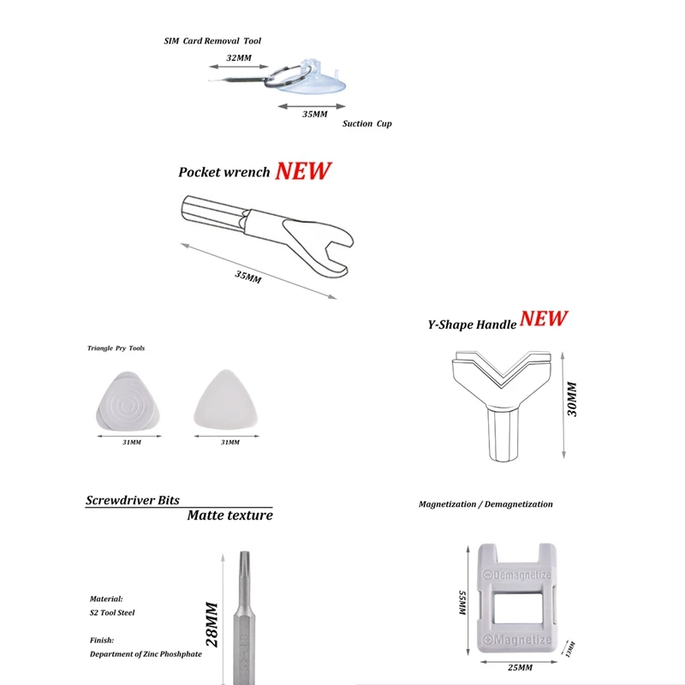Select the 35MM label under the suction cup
click(x=315, y=114)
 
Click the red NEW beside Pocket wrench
click(x=302, y=170)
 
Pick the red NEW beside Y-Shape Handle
click(x=544, y=319)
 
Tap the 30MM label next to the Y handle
click(x=573, y=399)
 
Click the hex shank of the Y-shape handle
click(x=499, y=433)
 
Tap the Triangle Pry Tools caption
click(x=116, y=348)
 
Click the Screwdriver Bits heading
click(x=133, y=500)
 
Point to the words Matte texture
click(x=230, y=515)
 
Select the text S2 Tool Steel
click(x=112, y=612)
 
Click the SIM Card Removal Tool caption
click(x=212, y=40)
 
